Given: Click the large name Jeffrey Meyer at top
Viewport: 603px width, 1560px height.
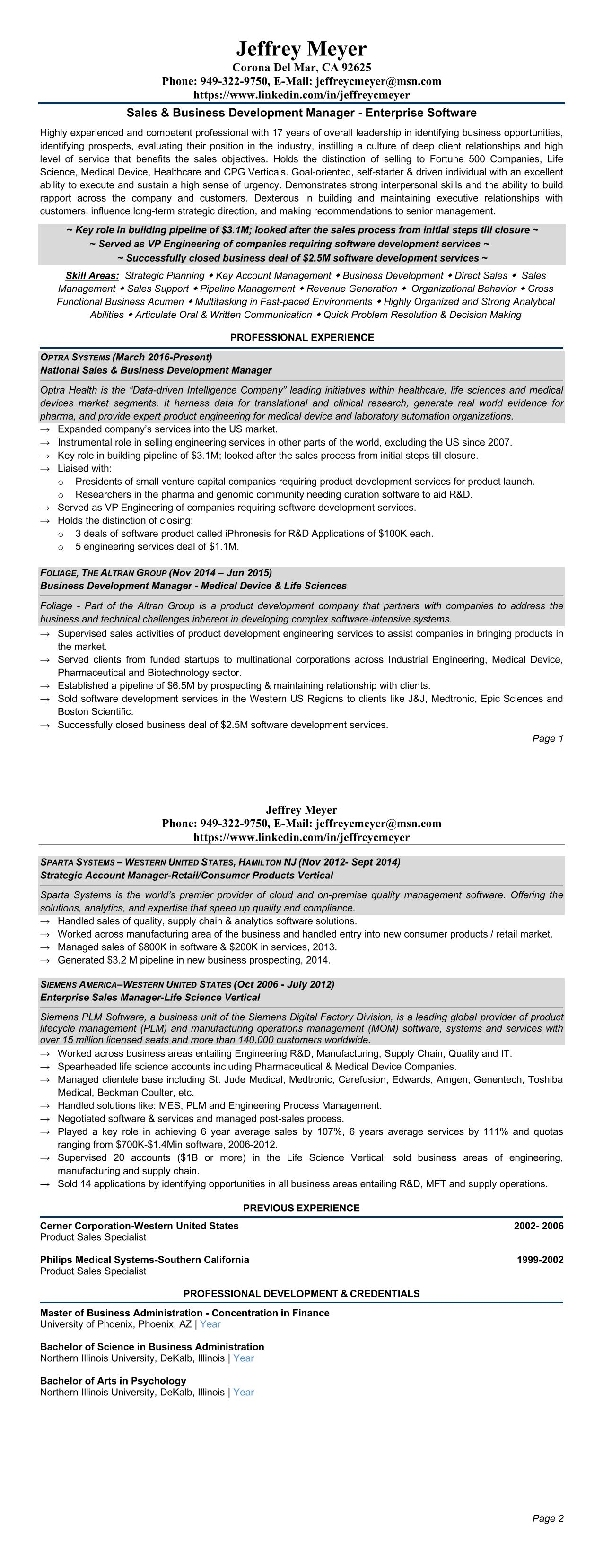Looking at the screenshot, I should pos(301,48).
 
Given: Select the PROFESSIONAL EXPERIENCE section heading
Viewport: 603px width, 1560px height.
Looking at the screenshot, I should pos(302,337).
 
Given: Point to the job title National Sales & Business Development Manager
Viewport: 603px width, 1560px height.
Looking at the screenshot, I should pos(156,370).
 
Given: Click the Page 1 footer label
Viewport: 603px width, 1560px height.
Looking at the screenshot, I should pos(547,738).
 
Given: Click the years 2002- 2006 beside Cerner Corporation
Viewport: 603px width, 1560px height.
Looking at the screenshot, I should pos(538,1226).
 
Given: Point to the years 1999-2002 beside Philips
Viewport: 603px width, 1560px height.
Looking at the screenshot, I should pos(540,1260).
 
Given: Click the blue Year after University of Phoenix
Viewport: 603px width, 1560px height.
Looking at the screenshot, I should pos(210,1324).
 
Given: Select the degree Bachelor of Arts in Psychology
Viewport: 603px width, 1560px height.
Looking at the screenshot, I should pos(113,1380).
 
